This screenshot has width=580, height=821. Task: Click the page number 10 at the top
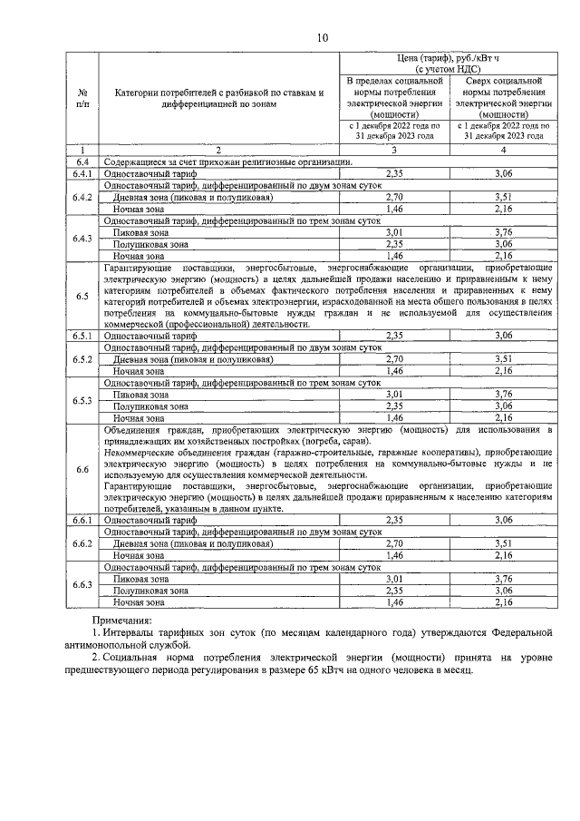click(323, 37)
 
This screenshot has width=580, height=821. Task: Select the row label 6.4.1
click(82, 172)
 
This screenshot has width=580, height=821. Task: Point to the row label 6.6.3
click(82, 584)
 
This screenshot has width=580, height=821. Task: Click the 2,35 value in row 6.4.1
click(394, 172)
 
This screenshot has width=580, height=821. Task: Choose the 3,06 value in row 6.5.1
click(503, 336)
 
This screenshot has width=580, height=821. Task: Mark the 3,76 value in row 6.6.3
click(503, 578)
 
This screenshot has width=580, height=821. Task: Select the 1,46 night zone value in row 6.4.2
click(394, 208)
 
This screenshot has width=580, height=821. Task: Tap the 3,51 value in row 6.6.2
click(503, 542)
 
